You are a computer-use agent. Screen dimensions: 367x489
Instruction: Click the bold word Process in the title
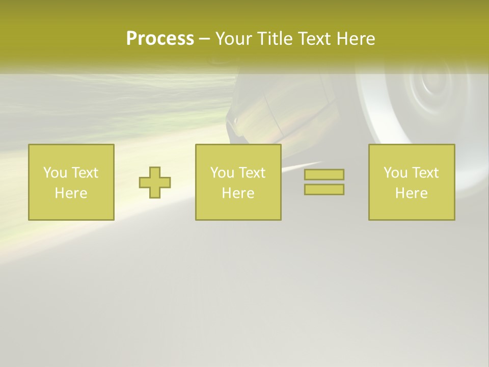pyautogui.click(x=160, y=39)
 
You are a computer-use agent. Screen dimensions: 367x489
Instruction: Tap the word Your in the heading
pyautogui.click(x=233, y=39)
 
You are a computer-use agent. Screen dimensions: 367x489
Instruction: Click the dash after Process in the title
pyautogui.click(x=204, y=40)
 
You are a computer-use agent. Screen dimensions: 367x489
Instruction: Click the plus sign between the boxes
pyautogui.click(x=155, y=182)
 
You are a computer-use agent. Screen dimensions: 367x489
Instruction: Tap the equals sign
pyautogui.click(x=324, y=182)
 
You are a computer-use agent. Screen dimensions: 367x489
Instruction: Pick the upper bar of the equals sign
pyautogui.click(x=324, y=175)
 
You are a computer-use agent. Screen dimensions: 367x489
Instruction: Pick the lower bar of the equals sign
pyautogui.click(x=324, y=189)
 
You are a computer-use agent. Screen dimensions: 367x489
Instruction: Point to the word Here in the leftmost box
pyautogui.click(x=71, y=193)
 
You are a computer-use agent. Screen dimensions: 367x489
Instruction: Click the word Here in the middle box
pyautogui.click(x=238, y=193)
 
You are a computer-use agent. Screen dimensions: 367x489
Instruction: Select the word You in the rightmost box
pyautogui.click(x=395, y=173)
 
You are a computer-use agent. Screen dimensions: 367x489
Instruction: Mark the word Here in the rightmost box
pyautogui.click(x=411, y=193)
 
